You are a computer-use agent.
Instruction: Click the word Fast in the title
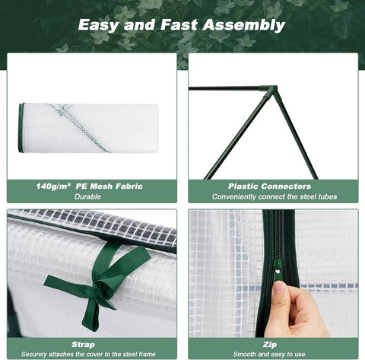[186, 25]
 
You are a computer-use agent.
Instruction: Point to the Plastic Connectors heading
[269, 186]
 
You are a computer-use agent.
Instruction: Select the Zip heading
[272, 343]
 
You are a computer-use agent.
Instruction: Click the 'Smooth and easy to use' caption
[272, 353]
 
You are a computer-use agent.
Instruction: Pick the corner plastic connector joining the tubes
[268, 91]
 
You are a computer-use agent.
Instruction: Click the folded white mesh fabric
[91, 128]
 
